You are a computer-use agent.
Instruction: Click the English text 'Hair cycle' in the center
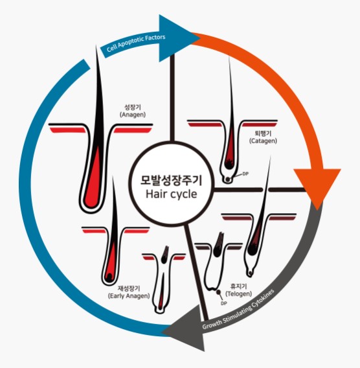pos(171,194)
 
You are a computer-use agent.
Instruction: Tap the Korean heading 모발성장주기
pos(171,180)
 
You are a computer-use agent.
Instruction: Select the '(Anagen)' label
pos(133,115)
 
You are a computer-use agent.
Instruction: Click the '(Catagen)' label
pos(263,141)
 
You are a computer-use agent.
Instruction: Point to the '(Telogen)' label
pos(238,293)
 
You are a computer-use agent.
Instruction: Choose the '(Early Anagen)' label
pos(129,295)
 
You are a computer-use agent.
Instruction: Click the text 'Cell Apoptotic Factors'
pos(136,43)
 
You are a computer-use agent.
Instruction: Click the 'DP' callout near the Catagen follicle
pos(245,174)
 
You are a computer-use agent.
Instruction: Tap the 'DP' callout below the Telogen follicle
pos(224,303)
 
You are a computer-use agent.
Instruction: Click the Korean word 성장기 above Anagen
pos(133,108)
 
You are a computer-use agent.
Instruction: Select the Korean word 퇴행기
pos(263,133)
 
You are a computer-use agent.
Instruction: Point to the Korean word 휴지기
pos(238,286)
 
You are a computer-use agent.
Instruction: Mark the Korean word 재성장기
pos(129,288)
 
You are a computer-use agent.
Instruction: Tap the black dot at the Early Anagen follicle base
pos(109,278)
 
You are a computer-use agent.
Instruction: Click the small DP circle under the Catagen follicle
pos(227,179)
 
